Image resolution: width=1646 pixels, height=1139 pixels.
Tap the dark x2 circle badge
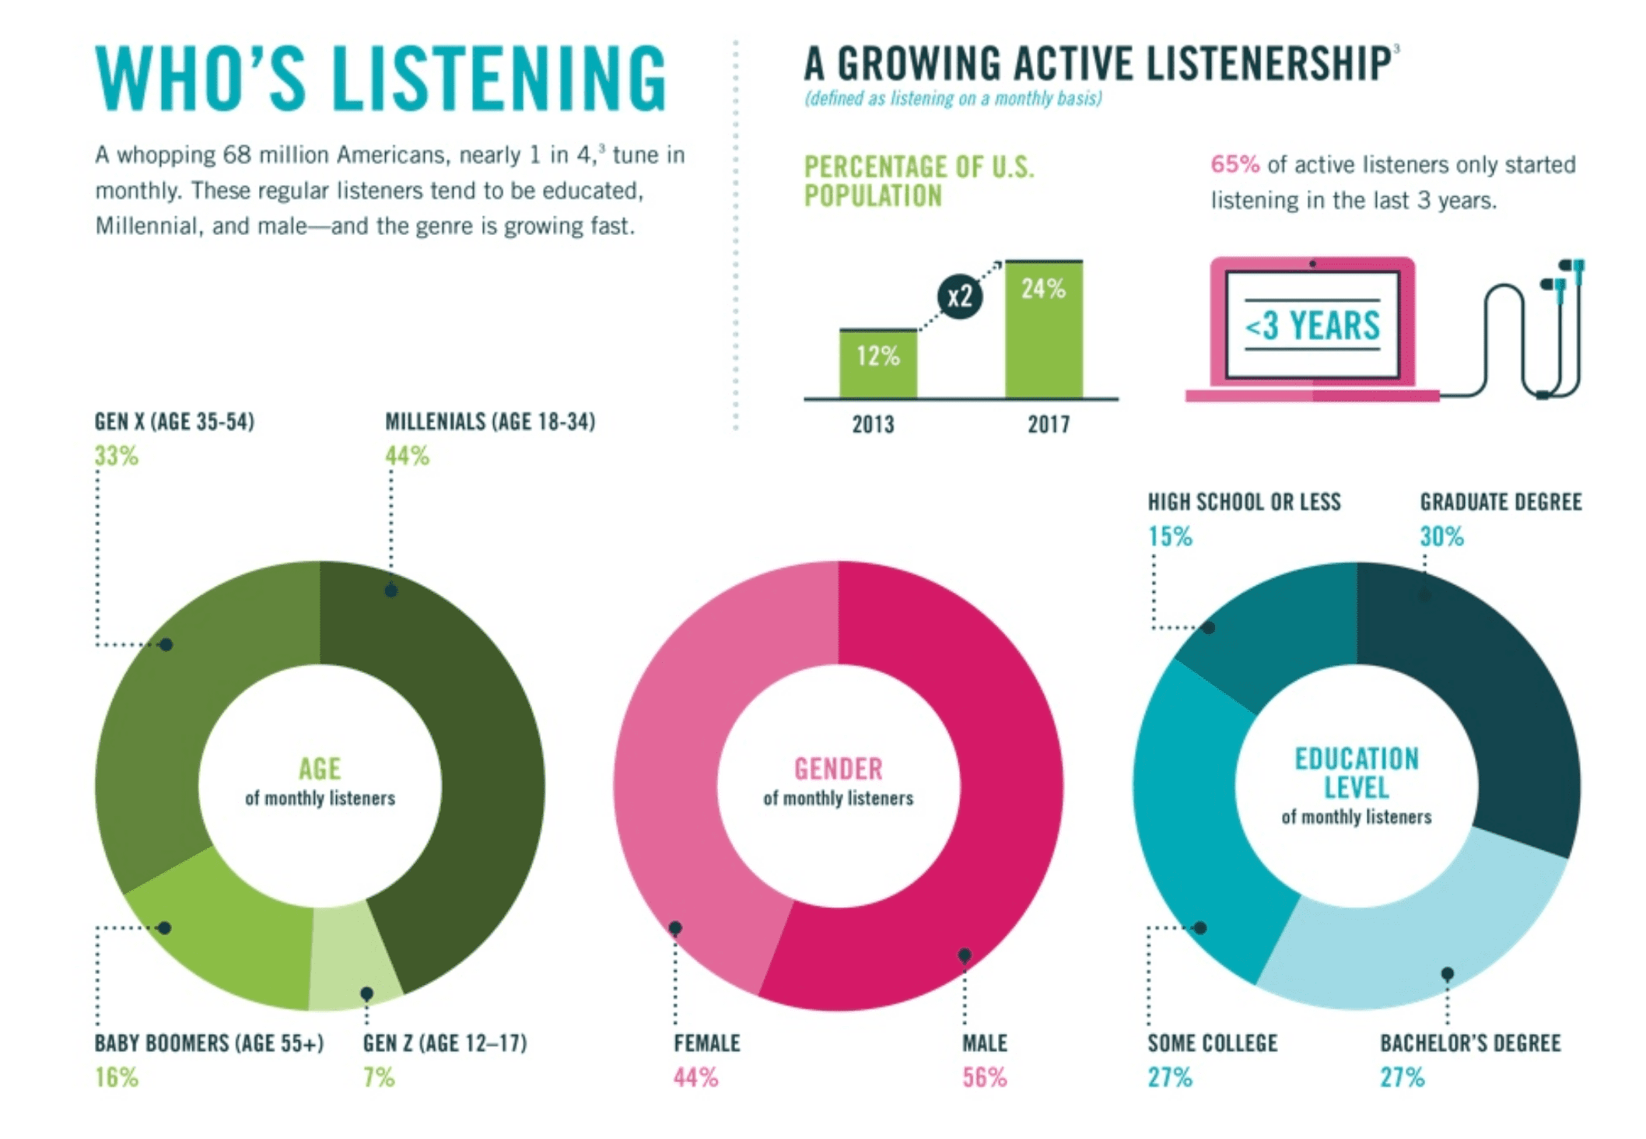[959, 296]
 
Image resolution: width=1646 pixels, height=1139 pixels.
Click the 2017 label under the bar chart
[1048, 425]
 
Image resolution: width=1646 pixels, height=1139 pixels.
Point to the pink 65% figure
[1234, 165]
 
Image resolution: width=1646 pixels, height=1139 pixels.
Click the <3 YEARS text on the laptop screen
[1312, 325]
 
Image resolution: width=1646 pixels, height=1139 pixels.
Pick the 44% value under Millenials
[407, 456]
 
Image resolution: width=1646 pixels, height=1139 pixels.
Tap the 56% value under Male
[984, 1078]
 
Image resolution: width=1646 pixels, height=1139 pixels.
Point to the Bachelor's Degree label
[1470, 1043]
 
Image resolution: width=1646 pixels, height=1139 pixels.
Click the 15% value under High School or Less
[1170, 537]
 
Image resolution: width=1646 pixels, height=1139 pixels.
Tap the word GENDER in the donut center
[838, 769]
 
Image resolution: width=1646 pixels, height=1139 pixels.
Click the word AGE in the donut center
[320, 769]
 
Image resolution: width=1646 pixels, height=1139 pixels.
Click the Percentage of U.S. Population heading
[919, 181]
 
